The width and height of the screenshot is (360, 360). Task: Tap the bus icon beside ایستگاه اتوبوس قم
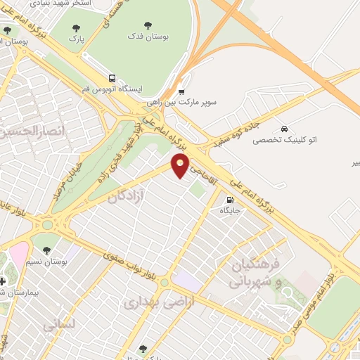tap(112, 78)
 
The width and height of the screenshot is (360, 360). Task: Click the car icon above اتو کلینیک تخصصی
tap(283, 129)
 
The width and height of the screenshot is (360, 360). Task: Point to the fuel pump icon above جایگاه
tap(231, 198)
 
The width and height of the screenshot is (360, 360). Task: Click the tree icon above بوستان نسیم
tap(46, 249)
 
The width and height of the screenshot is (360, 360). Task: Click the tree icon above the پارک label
tap(76, 28)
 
